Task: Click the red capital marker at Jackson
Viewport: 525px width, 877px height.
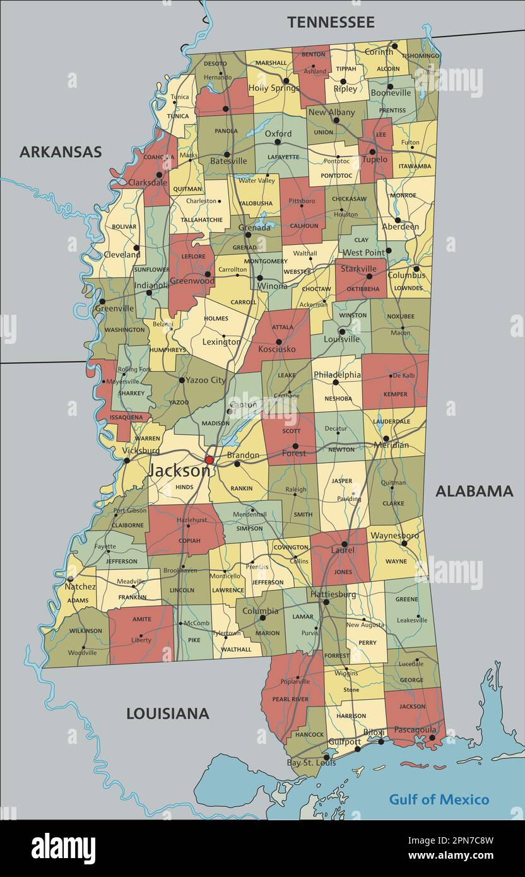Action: pos(209,460)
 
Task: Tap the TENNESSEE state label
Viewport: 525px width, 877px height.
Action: pos(331,22)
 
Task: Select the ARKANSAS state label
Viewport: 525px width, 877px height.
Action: pos(60,152)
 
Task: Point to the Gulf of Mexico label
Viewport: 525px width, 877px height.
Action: pos(439,799)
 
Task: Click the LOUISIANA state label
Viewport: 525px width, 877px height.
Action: pos(167,714)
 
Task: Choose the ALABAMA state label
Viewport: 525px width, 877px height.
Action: pos(474,491)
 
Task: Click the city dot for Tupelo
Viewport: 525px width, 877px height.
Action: pos(372,151)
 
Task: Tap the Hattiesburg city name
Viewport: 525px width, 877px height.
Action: pos(333,594)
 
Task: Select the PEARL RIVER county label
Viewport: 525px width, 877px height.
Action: pos(290,700)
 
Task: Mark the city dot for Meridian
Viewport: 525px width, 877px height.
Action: pos(386,438)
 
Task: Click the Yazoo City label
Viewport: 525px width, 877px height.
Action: pos(206,380)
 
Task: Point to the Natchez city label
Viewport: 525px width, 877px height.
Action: pos(80,586)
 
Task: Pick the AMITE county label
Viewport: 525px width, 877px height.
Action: pos(142,620)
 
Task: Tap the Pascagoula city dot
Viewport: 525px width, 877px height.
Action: pos(432,737)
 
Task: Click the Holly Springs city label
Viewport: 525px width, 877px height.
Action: pos(273,88)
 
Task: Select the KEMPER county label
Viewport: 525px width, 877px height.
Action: pos(395,394)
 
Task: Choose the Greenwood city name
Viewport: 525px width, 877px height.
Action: pos(192,281)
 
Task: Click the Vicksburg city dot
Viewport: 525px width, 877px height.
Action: pos(127,460)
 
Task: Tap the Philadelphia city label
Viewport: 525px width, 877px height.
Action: pos(337,374)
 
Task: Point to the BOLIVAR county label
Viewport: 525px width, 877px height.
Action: pos(124,227)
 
